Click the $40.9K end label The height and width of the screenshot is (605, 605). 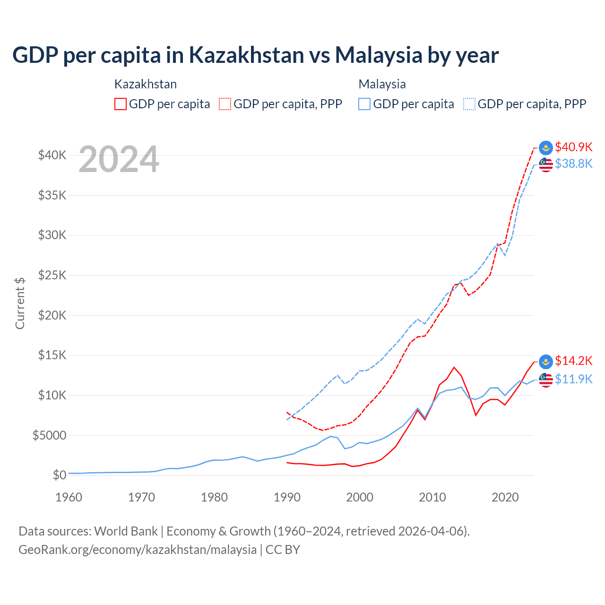point(573,147)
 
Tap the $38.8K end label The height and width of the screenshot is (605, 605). point(573,164)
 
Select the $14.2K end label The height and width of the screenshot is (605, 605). point(573,361)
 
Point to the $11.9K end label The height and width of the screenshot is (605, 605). point(573,379)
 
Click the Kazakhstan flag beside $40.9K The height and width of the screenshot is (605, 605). point(546,147)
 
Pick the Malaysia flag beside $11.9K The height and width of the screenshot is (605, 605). point(546,379)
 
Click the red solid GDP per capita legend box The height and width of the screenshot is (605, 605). point(121,104)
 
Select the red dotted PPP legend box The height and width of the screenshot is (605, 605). point(225,104)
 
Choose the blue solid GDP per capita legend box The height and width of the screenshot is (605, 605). point(364,104)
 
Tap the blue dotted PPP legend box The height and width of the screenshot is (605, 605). point(469,104)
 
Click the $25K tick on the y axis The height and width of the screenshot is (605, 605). point(52,275)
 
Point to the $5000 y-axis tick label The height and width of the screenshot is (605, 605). point(49,435)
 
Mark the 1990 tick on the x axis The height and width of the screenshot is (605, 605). point(287,497)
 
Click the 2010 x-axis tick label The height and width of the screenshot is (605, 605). point(432,497)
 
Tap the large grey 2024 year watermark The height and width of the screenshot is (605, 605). point(119,159)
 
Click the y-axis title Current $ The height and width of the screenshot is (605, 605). point(20,303)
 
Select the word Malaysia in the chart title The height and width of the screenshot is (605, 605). point(378,55)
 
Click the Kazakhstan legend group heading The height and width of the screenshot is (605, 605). point(146,84)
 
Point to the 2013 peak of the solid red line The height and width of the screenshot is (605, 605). point(454,367)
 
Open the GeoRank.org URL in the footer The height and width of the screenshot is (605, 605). point(138,550)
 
